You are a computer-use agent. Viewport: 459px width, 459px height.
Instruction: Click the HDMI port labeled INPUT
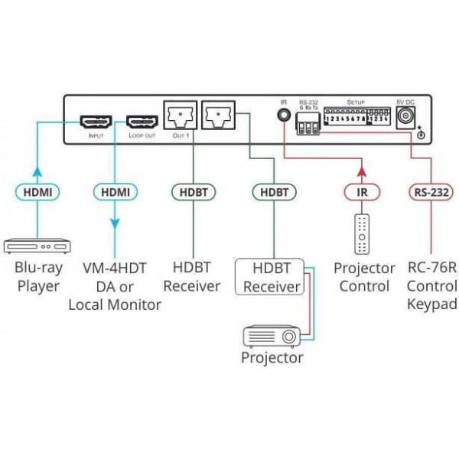point(96,122)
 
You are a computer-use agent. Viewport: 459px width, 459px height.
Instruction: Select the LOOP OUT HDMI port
point(142,122)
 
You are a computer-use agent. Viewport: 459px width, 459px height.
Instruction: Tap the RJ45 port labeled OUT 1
point(180,116)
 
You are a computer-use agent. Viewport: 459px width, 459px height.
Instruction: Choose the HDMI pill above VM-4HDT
point(115,192)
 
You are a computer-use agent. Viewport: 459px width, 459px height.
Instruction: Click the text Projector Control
point(364,278)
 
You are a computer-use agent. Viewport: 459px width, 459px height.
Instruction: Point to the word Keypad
point(432,304)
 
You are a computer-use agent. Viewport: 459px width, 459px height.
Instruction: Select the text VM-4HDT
point(115,269)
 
